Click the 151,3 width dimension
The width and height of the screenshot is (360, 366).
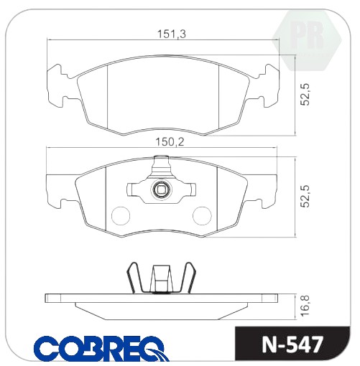point(171,34)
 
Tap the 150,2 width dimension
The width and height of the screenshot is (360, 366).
point(170,142)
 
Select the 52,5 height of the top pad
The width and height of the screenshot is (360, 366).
point(305,94)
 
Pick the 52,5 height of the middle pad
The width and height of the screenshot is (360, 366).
point(305,196)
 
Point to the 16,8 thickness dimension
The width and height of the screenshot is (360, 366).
point(305,306)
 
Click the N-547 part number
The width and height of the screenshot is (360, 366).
point(292,345)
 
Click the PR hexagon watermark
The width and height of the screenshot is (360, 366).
point(307,41)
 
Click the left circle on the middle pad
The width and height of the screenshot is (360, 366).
point(121,215)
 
